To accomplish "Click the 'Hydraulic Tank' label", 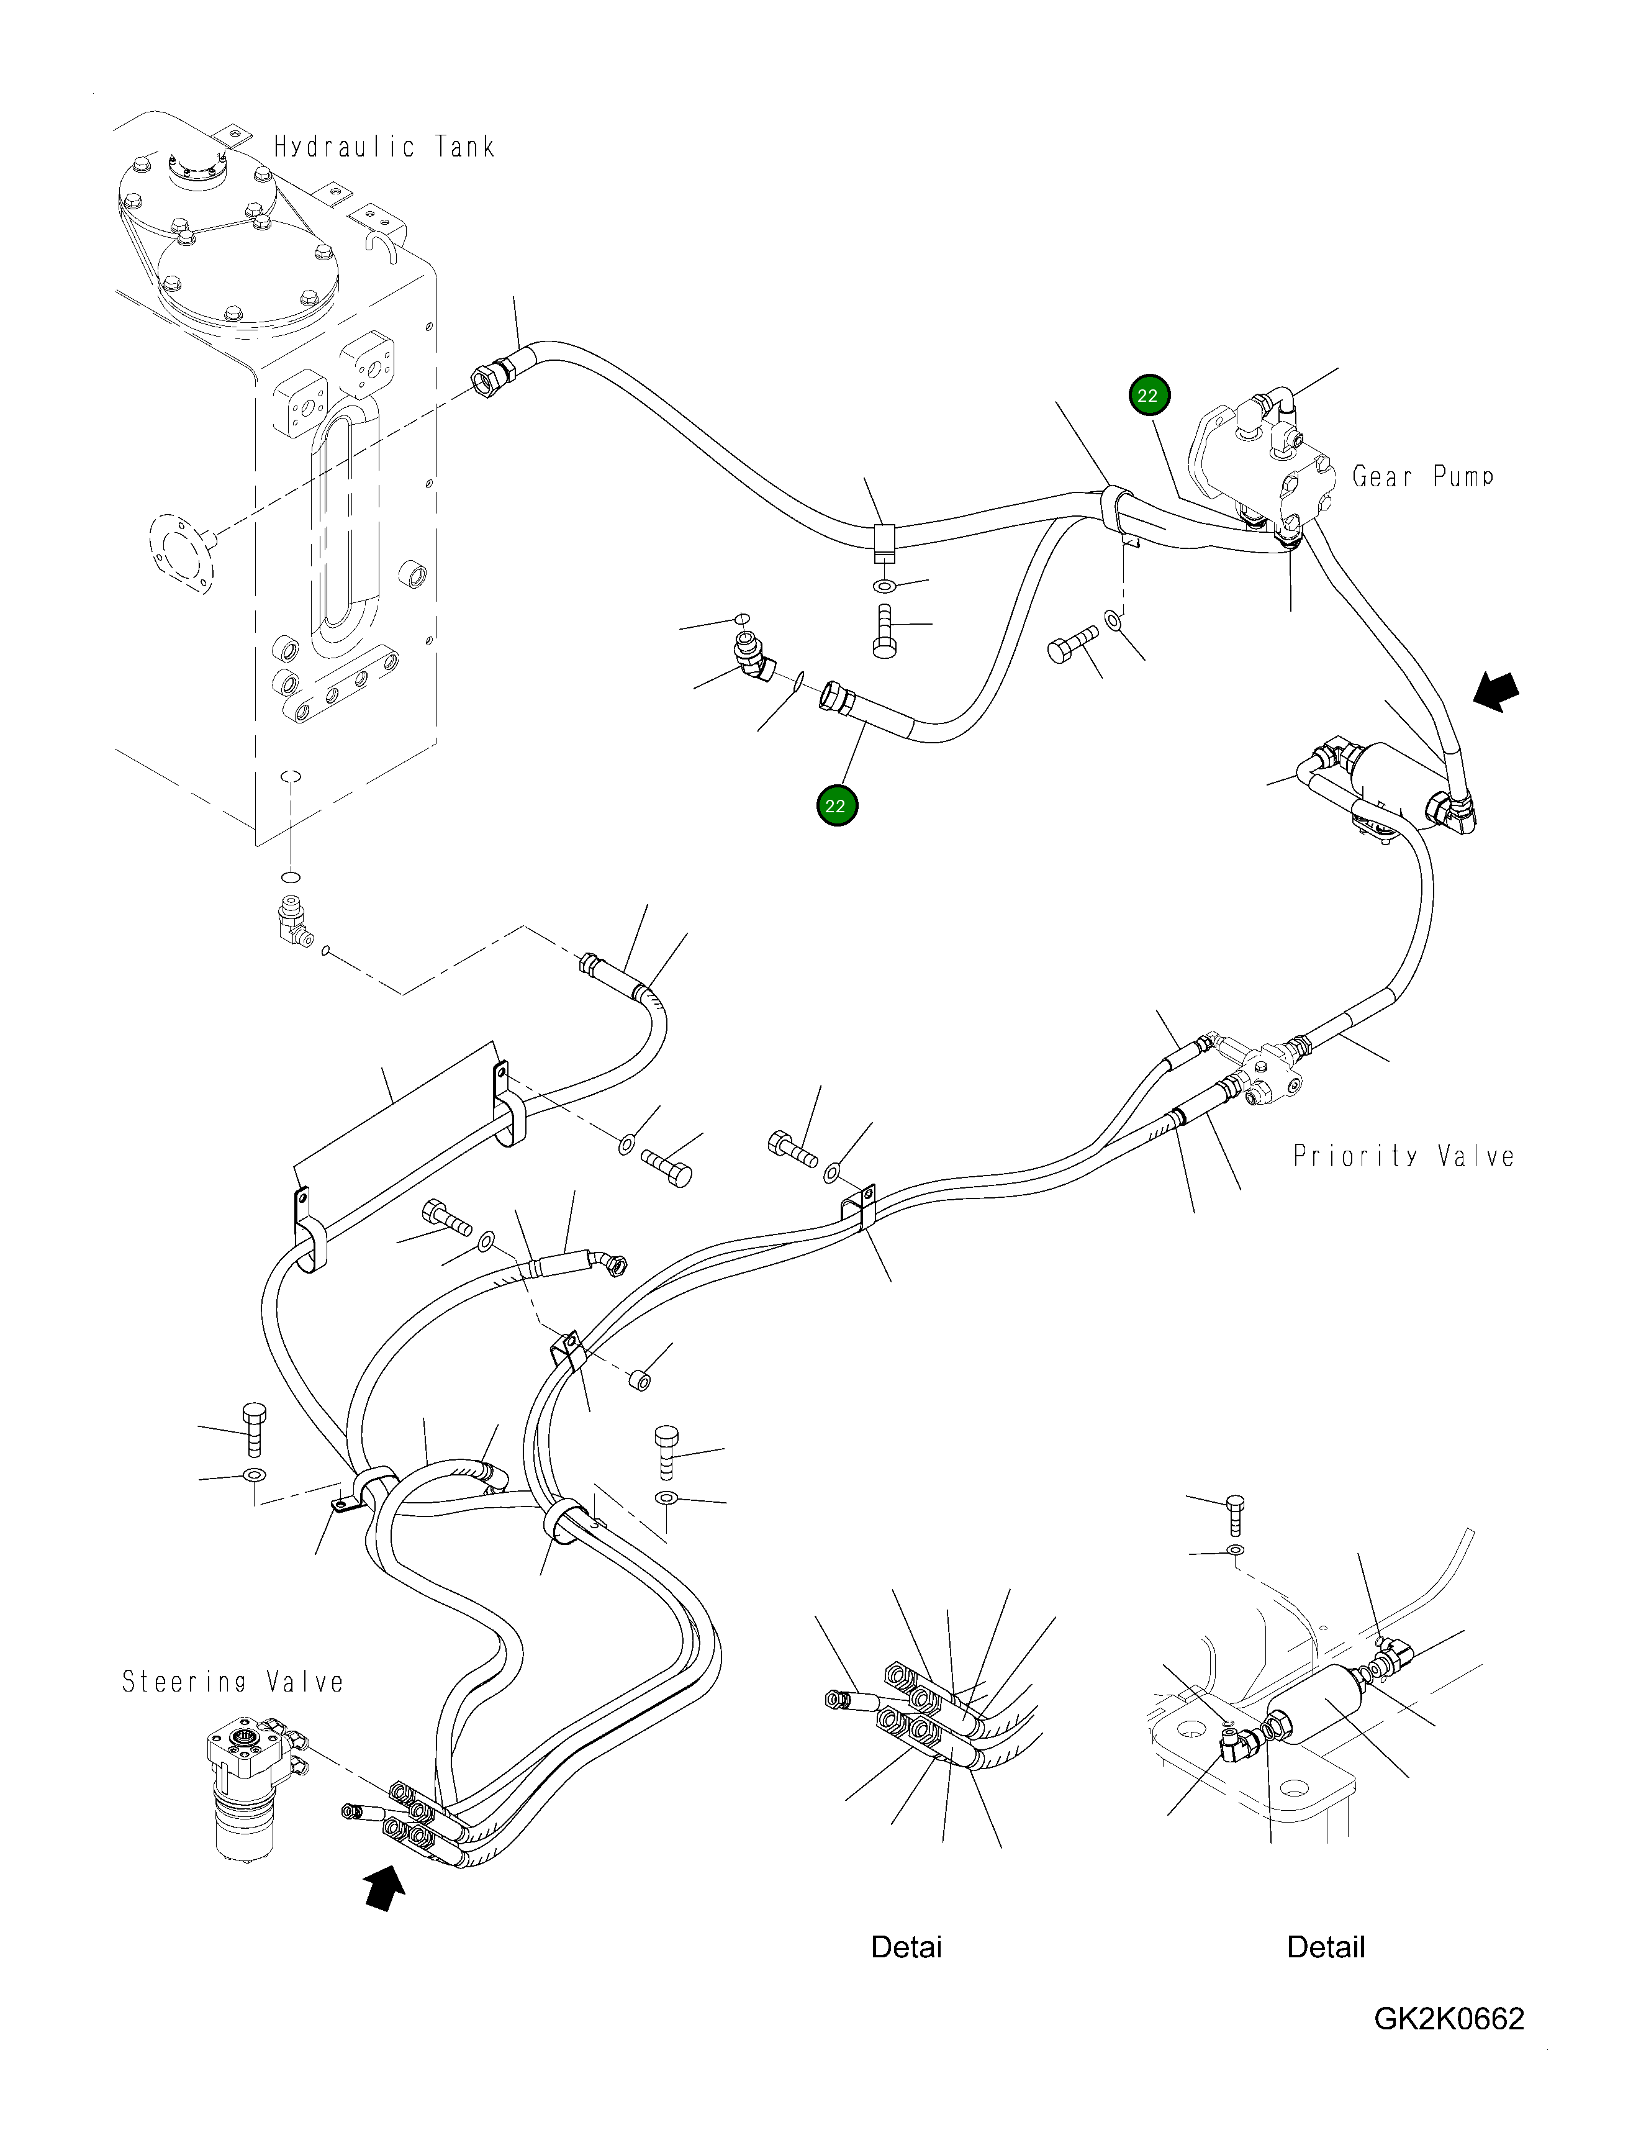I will coord(384,148).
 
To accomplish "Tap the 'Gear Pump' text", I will coord(1422,477).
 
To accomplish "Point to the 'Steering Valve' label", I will coord(232,1682).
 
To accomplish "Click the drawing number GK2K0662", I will coord(1449,2019).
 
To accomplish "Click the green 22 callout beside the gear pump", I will coord(1148,396).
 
